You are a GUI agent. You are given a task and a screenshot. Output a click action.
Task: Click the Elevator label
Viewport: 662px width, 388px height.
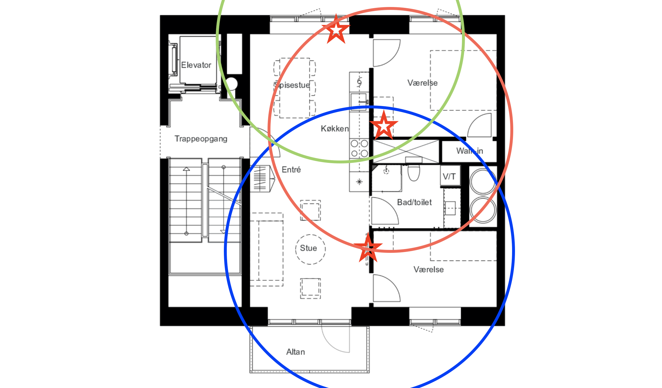(196, 65)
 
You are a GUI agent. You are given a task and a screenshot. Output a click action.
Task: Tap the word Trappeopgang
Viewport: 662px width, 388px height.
(201, 139)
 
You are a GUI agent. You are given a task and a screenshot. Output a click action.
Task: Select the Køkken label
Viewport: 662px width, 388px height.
(335, 128)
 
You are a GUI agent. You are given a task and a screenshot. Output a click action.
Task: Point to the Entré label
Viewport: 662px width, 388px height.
(291, 170)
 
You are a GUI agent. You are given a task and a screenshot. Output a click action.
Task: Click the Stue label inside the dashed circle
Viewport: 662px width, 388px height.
(308, 248)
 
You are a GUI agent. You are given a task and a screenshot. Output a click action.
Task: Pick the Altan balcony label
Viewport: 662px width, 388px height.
(295, 352)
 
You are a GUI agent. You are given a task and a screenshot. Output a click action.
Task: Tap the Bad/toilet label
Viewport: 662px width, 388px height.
(414, 202)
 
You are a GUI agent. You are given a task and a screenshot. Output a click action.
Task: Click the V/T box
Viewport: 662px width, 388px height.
(450, 176)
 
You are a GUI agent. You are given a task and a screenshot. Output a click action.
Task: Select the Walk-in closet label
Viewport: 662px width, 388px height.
(470, 151)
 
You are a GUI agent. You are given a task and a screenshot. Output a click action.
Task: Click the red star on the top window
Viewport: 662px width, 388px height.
(336, 29)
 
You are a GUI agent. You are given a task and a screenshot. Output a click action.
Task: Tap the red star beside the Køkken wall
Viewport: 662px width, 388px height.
(384, 125)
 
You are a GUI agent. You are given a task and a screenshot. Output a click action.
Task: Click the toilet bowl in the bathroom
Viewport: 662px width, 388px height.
(413, 172)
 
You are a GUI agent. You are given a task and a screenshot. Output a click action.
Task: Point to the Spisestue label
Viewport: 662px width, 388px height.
(292, 85)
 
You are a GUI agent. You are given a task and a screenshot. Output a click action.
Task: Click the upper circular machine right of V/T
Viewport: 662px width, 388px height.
(483, 181)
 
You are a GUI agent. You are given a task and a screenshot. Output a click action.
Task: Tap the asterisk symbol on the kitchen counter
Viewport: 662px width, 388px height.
(359, 182)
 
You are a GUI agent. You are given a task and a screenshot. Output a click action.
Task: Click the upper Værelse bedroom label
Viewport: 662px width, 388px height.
(422, 83)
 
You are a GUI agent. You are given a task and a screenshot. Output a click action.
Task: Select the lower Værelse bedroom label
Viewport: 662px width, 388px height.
(429, 269)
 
